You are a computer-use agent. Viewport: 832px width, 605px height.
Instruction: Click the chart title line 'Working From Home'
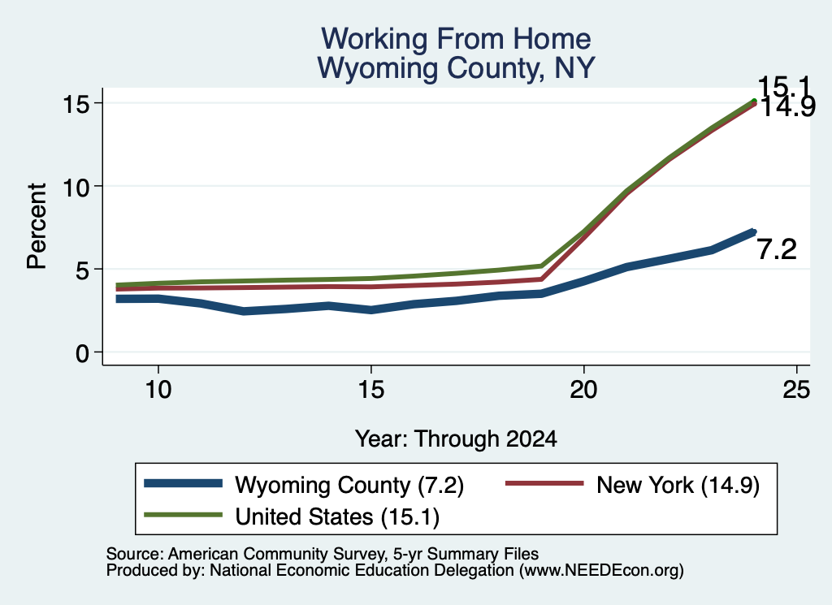456,39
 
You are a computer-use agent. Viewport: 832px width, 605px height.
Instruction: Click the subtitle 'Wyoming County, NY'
456,68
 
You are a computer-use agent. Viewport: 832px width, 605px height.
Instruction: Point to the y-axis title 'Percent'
37,226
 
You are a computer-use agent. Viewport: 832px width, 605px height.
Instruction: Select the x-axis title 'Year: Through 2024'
456,439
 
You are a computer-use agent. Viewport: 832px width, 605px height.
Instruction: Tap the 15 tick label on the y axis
76,104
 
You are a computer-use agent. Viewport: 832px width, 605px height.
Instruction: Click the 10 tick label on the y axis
76,187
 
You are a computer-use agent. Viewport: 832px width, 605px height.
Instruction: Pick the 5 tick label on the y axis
82,270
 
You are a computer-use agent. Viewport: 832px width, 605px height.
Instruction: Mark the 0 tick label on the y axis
82,353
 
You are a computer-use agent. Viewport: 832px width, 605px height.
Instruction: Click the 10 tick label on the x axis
158,390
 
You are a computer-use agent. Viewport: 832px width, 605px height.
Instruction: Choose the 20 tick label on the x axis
583,390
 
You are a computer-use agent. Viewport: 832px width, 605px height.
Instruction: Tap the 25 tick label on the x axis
796,390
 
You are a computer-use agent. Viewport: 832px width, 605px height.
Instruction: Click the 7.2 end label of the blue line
777,250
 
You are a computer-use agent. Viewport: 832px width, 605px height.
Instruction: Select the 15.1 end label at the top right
784,86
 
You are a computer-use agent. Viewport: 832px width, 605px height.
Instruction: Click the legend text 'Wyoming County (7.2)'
349,485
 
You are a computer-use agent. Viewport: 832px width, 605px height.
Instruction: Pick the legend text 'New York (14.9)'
678,485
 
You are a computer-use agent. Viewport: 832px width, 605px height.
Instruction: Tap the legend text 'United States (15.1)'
337,517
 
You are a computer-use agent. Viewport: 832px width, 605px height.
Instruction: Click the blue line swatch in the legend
183,483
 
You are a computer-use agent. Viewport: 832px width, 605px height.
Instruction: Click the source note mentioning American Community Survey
322,554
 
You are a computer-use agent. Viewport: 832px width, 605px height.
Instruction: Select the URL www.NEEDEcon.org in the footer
601,570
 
